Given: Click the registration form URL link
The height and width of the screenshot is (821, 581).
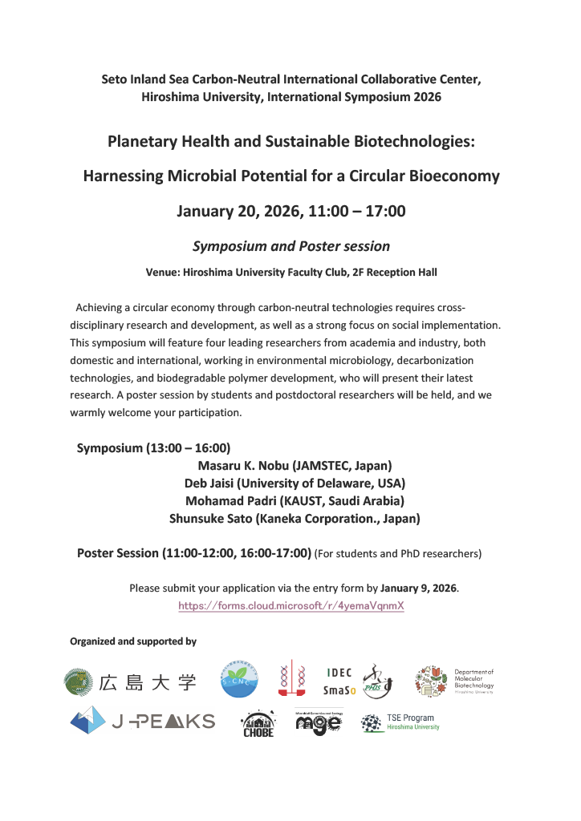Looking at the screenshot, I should (x=290, y=606).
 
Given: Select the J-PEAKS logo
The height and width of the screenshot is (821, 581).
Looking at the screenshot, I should (x=143, y=721).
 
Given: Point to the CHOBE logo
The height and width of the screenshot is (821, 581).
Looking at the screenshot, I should (x=258, y=725).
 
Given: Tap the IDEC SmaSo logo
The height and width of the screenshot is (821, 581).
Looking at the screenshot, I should (x=339, y=681).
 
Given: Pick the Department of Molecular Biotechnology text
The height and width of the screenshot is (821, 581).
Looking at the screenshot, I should (x=473, y=681).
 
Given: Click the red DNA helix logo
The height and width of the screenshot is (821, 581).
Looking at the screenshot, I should (x=290, y=681).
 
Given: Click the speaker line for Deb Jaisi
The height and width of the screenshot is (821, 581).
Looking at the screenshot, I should (x=295, y=483).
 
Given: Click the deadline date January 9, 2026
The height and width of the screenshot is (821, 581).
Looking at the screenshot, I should (x=418, y=588).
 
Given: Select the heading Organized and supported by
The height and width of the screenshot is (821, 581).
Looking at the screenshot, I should (x=133, y=641).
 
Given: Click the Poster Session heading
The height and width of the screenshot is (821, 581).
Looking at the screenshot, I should (x=193, y=552).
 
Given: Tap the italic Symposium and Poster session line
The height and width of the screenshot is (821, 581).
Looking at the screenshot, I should (x=290, y=246).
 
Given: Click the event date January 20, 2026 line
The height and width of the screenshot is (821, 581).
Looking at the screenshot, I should (x=290, y=212).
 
